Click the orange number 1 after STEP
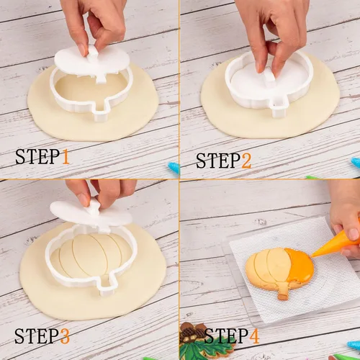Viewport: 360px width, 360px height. tap(66, 156)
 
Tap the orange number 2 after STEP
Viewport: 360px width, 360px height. tap(246, 161)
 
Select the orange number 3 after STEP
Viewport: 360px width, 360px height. tap(64, 336)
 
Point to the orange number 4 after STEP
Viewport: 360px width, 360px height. tap(254, 336)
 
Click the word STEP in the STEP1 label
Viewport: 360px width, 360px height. tap(37, 156)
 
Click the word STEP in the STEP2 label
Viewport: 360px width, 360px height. tap(218, 161)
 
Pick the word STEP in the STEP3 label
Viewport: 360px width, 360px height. tap(37, 336)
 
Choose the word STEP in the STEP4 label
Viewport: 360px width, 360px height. tap(226, 336)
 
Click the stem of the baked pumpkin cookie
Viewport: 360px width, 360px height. tap(282, 292)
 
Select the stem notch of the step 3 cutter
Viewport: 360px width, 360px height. tap(106, 286)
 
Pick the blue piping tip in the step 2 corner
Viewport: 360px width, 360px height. tap(356, 162)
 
